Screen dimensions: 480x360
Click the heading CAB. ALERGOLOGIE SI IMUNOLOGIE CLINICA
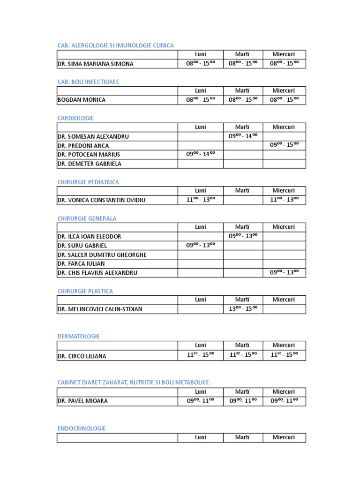click(115, 45)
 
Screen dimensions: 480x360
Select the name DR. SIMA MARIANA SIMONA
click(95, 64)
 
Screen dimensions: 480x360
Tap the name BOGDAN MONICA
click(81, 100)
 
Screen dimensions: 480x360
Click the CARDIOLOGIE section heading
click(75, 118)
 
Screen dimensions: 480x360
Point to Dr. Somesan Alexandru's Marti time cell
click(243, 136)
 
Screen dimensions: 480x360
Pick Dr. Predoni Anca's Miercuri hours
click(284, 145)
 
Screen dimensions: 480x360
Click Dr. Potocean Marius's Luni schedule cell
click(200, 154)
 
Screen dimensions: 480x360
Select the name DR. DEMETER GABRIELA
click(89, 164)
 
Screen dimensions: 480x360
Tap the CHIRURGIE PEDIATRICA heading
click(88, 182)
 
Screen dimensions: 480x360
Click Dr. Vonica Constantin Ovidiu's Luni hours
click(200, 200)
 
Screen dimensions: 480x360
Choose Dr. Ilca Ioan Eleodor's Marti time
click(243, 236)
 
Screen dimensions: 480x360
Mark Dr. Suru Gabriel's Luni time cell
click(200, 245)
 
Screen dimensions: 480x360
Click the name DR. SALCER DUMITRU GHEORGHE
click(102, 255)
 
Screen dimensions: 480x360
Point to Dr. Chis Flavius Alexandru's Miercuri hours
click(284, 272)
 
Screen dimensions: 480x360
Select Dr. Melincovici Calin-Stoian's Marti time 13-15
click(243, 308)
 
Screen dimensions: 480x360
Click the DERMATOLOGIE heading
click(78, 337)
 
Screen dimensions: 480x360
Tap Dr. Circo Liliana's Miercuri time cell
click(284, 355)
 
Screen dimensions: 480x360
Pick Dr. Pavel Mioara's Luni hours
click(200, 401)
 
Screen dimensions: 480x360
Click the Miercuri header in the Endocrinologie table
click(284, 437)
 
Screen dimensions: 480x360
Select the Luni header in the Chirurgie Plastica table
click(200, 300)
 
